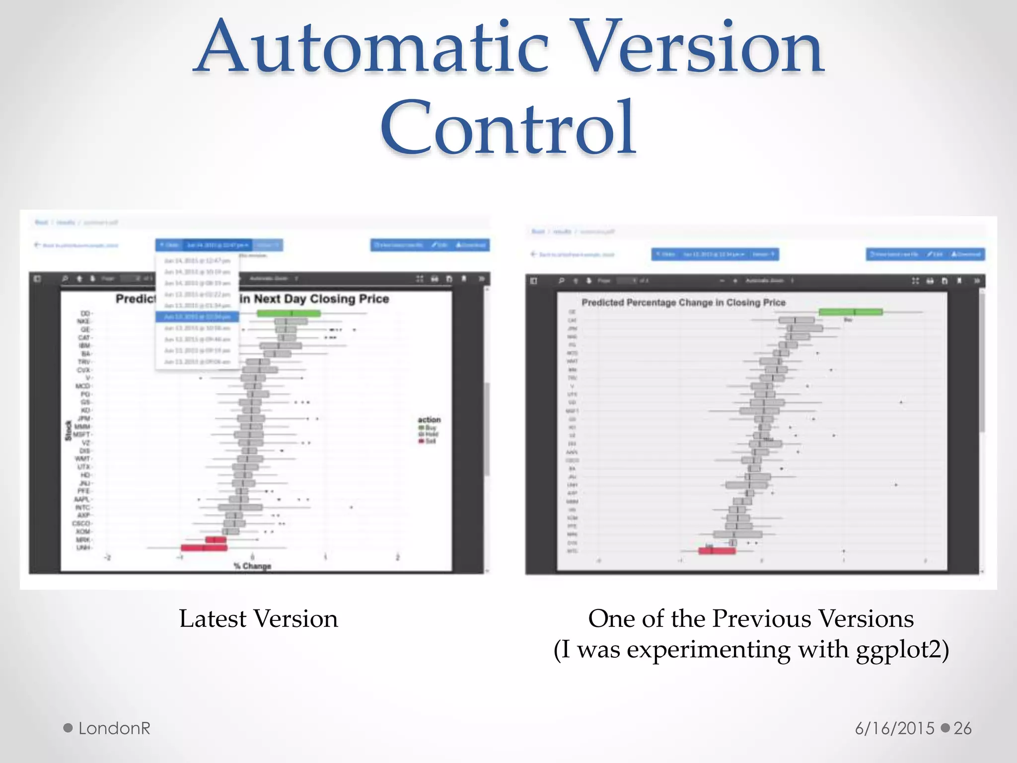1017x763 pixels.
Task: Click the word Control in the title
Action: tap(508, 128)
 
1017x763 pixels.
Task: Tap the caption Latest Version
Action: tap(258, 619)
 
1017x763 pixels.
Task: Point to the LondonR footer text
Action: tap(114, 728)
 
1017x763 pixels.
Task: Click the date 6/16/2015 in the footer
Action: tap(894, 728)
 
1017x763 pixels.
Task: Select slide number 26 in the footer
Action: tap(962, 728)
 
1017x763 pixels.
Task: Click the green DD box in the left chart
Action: tap(289, 313)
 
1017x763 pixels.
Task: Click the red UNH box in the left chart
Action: tap(204, 547)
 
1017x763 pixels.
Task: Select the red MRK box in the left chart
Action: tap(216, 539)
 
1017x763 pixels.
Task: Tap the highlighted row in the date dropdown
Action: tap(197, 317)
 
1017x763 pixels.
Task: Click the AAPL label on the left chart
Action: tap(82, 499)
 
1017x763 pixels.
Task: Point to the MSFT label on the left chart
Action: tap(81, 435)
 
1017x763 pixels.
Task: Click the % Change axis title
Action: tap(253, 566)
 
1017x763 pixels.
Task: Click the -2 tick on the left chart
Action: tap(107, 557)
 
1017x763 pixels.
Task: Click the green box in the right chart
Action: tap(850, 312)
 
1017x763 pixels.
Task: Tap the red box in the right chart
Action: tap(717, 550)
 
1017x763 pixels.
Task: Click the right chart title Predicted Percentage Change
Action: tap(683, 303)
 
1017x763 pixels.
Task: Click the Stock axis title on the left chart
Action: tap(69, 430)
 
